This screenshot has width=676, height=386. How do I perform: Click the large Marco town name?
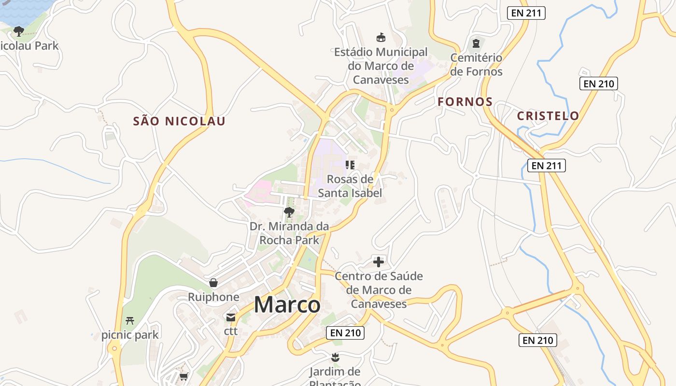pyautogui.click(x=287, y=305)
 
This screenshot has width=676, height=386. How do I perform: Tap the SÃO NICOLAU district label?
pyautogui.click(x=179, y=121)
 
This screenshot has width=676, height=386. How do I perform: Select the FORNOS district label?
pyautogui.click(x=465, y=102)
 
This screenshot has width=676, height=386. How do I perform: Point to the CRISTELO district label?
pyautogui.click(x=548, y=116)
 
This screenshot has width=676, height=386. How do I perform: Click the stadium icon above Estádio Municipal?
pyautogui.click(x=381, y=37)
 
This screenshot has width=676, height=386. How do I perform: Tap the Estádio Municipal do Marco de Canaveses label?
pyautogui.click(x=381, y=66)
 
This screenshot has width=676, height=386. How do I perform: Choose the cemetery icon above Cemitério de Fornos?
pyautogui.click(x=477, y=43)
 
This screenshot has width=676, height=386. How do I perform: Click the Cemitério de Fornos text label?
pyautogui.click(x=477, y=65)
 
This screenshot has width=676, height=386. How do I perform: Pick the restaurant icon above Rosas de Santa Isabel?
pyautogui.click(x=350, y=165)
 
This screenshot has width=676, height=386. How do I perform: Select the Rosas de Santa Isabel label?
pyautogui.click(x=350, y=186)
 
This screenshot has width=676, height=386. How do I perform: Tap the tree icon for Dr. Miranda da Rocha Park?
pyautogui.click(x=289, y=212)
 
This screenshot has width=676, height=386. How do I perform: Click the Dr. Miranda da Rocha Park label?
pyautogui.click(x=289, y=233)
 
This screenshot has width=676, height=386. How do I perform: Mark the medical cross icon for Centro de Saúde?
pyautogui.click(x=379, y=262)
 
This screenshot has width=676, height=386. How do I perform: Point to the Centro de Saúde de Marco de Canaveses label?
pyautogui.click(x=379, y=289)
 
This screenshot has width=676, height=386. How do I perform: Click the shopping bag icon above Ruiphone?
pyautogui.click(x=213, y=283)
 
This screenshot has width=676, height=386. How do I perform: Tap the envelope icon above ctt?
pyautogui.click(x=231, y=317)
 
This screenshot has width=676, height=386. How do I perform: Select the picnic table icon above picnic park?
pyautogui.click(x=129, y=320)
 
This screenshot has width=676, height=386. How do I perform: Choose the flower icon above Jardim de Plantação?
pyautogui.click(x=335, y=358)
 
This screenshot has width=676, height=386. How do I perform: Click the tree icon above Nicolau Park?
pyautogui.click(x=19, y=31)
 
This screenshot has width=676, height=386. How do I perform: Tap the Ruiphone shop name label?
pyautogui.click(x=213, y=297)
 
